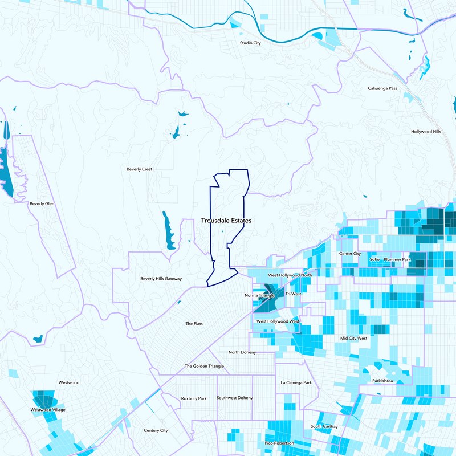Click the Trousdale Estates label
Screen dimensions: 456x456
point(226,220)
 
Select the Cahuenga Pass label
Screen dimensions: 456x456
point(386,89)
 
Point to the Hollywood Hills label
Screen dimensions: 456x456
point(426,132)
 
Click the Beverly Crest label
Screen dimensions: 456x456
point(140,169)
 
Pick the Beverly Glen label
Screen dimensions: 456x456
point(42,203)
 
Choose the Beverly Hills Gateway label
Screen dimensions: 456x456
point(161,279)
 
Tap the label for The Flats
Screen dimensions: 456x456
point(194,324)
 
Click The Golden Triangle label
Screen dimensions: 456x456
point(204,366)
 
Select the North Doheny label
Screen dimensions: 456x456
point(242,352)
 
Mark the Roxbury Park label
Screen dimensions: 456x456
point(193,398)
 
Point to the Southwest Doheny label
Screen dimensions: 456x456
point(234,398)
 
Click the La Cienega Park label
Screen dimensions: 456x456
point(296,382)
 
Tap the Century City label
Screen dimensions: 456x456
point(156,430)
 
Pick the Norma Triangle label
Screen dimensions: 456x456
point(259,295)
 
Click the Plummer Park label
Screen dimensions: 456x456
point(397,259)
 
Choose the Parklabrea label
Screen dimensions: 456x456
point(383,381)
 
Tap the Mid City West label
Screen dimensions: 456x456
point(354,338)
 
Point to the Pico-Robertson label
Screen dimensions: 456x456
point(279,443)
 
